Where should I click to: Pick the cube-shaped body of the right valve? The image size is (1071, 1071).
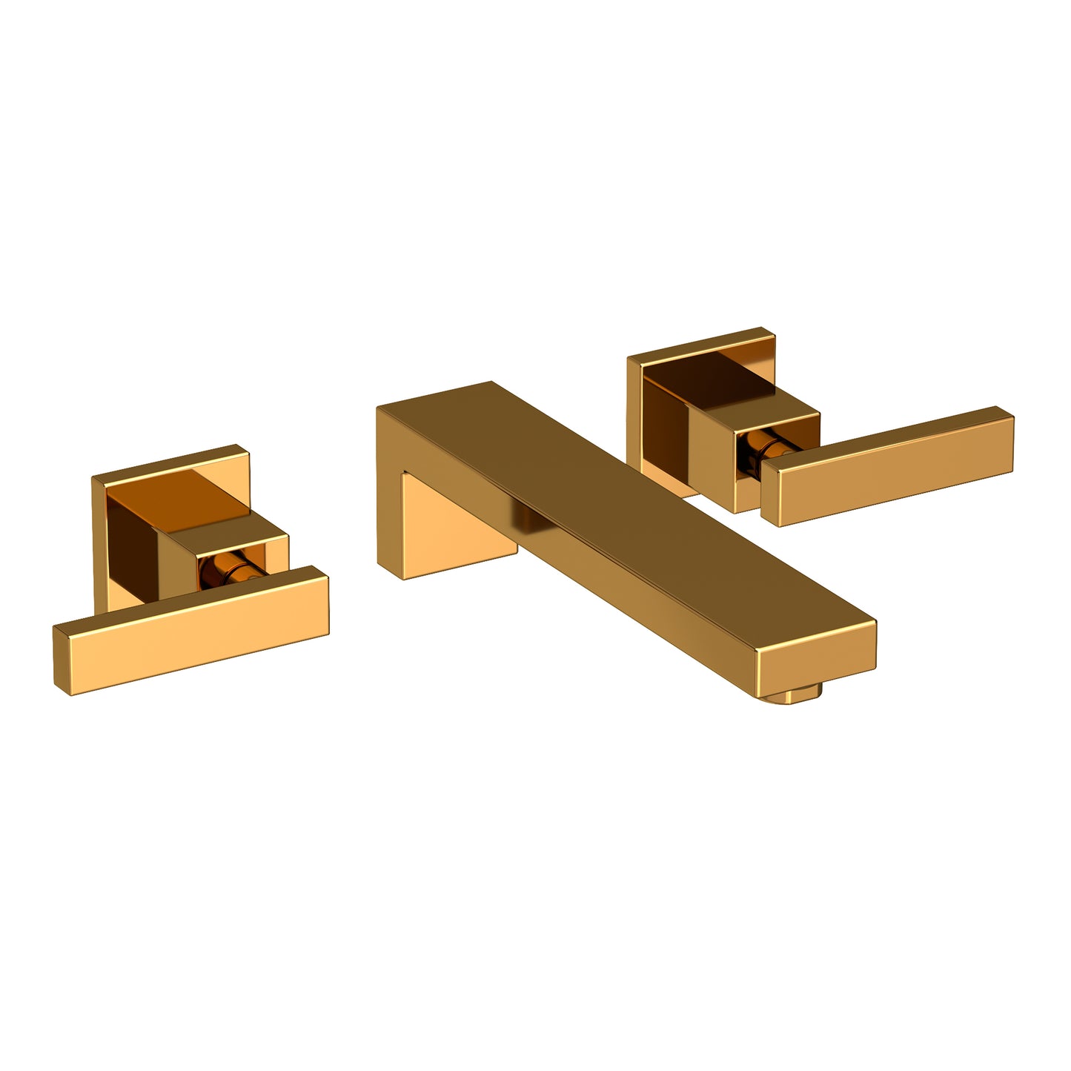coord(771,415)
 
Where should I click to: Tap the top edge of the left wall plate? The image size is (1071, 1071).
coord(170,460)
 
